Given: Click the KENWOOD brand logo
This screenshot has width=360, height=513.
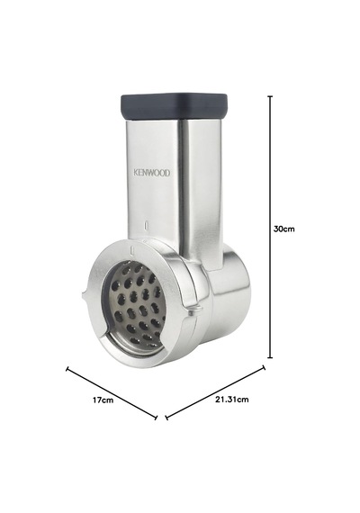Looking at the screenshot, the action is click(152, 173).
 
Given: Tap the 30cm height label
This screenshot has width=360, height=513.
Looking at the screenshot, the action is click(284, 229).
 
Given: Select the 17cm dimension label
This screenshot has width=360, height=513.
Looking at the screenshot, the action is click(103, 400).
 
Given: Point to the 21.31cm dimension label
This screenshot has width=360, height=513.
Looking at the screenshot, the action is click(231, 399).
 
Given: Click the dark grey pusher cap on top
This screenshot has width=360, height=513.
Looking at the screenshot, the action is click(174, 105).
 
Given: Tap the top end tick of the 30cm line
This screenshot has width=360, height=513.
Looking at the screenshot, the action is click(270, 96).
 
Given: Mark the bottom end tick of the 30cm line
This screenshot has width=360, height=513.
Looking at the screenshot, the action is click(270, 357).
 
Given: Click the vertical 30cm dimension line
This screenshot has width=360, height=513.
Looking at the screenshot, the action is click(270, 227).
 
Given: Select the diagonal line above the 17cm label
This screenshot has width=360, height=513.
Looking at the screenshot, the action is click(112, 393).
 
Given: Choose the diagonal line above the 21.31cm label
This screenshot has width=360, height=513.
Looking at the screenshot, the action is click(215, 392).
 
